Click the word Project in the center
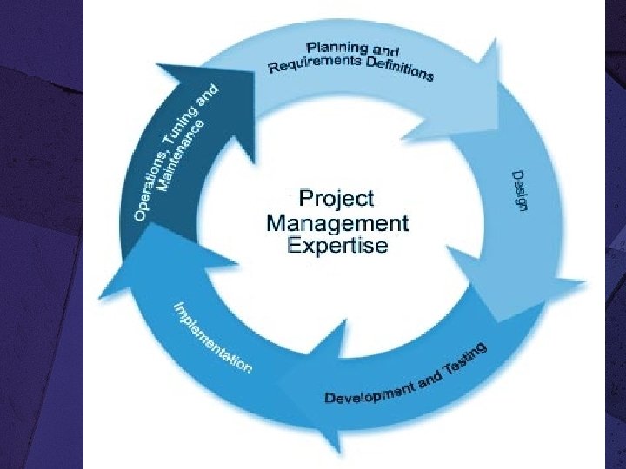pos(336,196)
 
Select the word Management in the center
pos(336,221)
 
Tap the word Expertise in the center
pos(336,246)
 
